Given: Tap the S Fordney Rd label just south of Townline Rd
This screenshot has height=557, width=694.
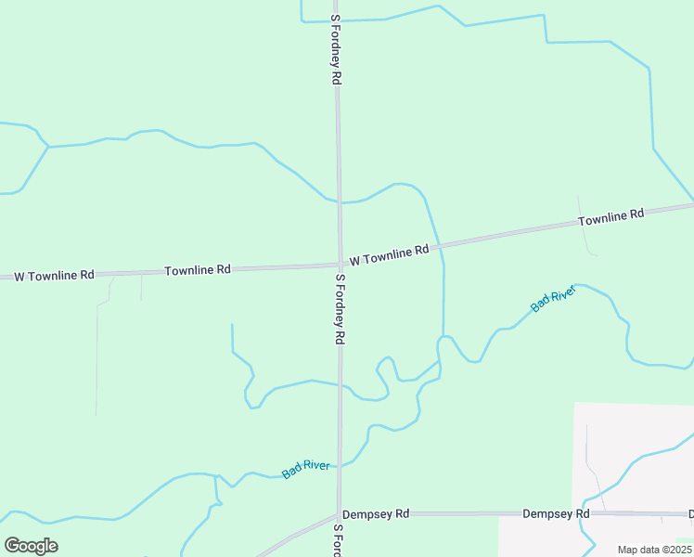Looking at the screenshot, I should [340, 310].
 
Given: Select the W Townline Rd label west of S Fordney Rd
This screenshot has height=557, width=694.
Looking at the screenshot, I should [54, 276].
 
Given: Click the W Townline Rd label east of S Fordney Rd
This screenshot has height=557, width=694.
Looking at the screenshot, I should [389, 253].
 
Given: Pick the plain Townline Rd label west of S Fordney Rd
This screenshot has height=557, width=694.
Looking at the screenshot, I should [197, 270].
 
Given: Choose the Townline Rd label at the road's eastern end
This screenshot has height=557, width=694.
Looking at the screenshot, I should [610, 218].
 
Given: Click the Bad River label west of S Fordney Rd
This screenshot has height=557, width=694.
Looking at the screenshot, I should [305, 470].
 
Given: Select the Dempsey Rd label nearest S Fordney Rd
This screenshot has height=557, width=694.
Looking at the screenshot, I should [376, 513].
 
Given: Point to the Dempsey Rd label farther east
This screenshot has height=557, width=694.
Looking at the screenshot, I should [556, 513].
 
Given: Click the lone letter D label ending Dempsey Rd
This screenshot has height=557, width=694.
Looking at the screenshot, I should [690, 513].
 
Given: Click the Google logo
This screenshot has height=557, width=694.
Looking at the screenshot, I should [31, 546].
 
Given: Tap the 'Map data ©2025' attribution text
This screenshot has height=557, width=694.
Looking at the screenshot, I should [654, 550].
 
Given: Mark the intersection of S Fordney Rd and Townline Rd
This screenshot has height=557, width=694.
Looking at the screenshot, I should [339, 265].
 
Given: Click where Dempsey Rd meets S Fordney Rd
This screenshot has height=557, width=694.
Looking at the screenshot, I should [339, 513].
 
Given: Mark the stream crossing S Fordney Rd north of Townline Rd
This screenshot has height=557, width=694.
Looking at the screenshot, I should [338, 201].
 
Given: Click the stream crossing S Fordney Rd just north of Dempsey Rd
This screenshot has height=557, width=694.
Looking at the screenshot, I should [340, 464].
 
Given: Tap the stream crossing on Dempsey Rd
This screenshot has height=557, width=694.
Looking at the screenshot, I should [584, 513].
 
